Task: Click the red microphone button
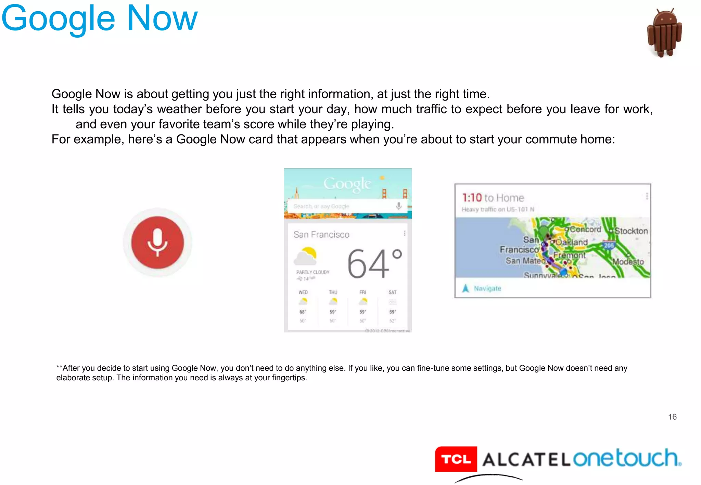[x=157, y=242]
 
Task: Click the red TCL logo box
[x=456, y=459]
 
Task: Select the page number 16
[x=672, y=417]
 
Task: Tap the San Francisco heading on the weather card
[x=321, y=235]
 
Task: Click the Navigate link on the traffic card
[x=487, y=288]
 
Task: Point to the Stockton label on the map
[x=631, y=231]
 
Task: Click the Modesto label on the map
[x=628, y=262]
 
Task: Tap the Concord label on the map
[x=585, y=229]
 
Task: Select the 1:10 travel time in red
[x=472, y=198]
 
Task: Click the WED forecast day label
[x=303, y=292]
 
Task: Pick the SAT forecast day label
[x=392, y=292]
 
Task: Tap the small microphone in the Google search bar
[x=399, y=206]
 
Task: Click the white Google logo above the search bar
[x=347, y=184]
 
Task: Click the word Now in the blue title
[x=162, y=18]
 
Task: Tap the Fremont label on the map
[x=569, y=255]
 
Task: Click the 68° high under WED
[x=303, y=312]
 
